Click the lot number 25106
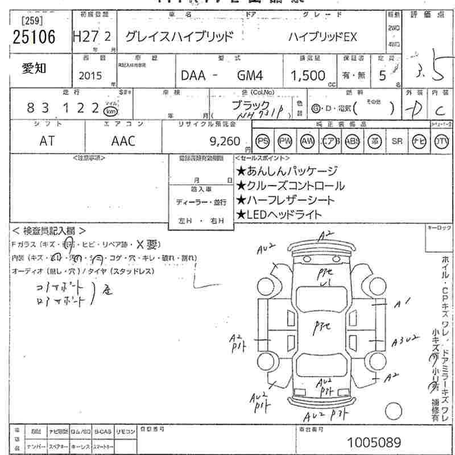[x=34, y=38]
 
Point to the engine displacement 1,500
[x=308, y=76]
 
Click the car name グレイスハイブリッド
[x=179, y=37]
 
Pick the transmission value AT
[x=48, y=141]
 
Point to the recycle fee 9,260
[x=225, y=141]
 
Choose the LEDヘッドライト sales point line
[x=279, y=214]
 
